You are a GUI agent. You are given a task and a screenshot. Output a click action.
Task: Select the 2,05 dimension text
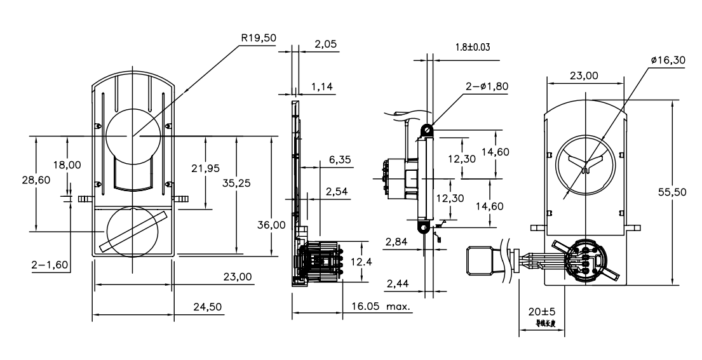[326, 44]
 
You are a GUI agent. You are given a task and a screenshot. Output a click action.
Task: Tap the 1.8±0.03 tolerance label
[473, 47]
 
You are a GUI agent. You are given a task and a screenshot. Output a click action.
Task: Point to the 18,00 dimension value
[66, 165]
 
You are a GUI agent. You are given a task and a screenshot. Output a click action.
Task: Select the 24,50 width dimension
[207, 307]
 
